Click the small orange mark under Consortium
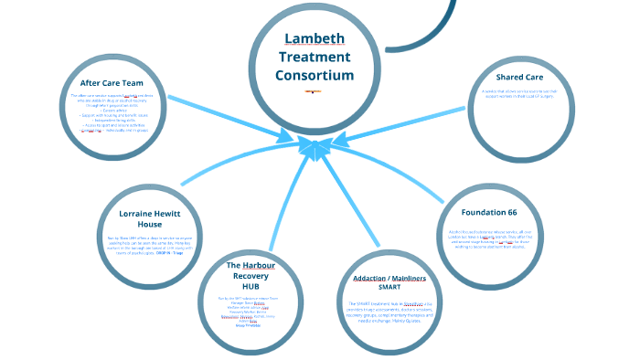[x=313, y=91]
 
